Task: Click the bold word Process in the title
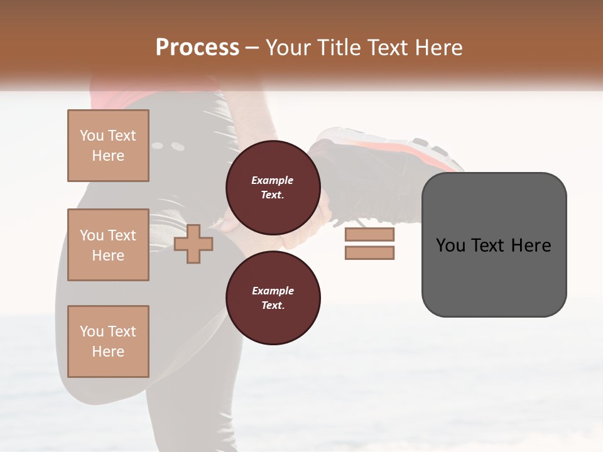197,48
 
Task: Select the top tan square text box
108,146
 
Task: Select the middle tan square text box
108,245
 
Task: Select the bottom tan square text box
108,341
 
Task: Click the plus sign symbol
193,245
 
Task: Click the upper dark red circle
273,187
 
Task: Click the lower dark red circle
273,298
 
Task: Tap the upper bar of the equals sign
369,235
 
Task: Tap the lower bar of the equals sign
369,253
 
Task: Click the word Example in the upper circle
273,180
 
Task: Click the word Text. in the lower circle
273,305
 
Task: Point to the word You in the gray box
450,245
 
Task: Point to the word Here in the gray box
531,245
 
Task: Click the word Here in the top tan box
108,156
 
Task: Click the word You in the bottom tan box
92,331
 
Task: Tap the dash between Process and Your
252,48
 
